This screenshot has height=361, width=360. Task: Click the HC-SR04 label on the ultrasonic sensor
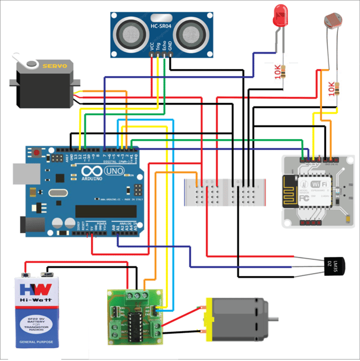161,26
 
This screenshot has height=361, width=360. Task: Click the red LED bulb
279,16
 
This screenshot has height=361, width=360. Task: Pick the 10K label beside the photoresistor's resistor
331,89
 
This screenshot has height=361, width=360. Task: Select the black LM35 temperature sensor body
334,263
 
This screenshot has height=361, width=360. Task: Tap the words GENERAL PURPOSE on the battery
38,343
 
